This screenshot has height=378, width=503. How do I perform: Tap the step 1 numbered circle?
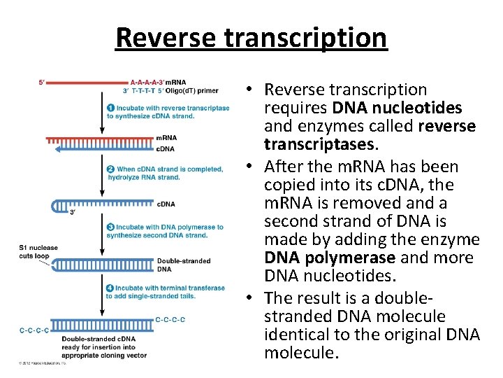click(110, 108)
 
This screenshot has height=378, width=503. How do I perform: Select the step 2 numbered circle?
click(110, 169)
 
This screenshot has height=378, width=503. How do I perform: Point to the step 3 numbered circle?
click(110, 227)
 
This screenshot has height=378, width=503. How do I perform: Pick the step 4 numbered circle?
click(110, 288)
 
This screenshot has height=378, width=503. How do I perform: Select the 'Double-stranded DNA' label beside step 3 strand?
click(174, 265)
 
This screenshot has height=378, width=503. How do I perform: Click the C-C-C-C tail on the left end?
click(34, 330)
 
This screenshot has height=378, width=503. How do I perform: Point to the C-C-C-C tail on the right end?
click(170, 320)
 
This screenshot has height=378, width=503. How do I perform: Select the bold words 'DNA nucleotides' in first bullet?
click(397, 108)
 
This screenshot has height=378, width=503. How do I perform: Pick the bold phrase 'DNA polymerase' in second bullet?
click(319, 258)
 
